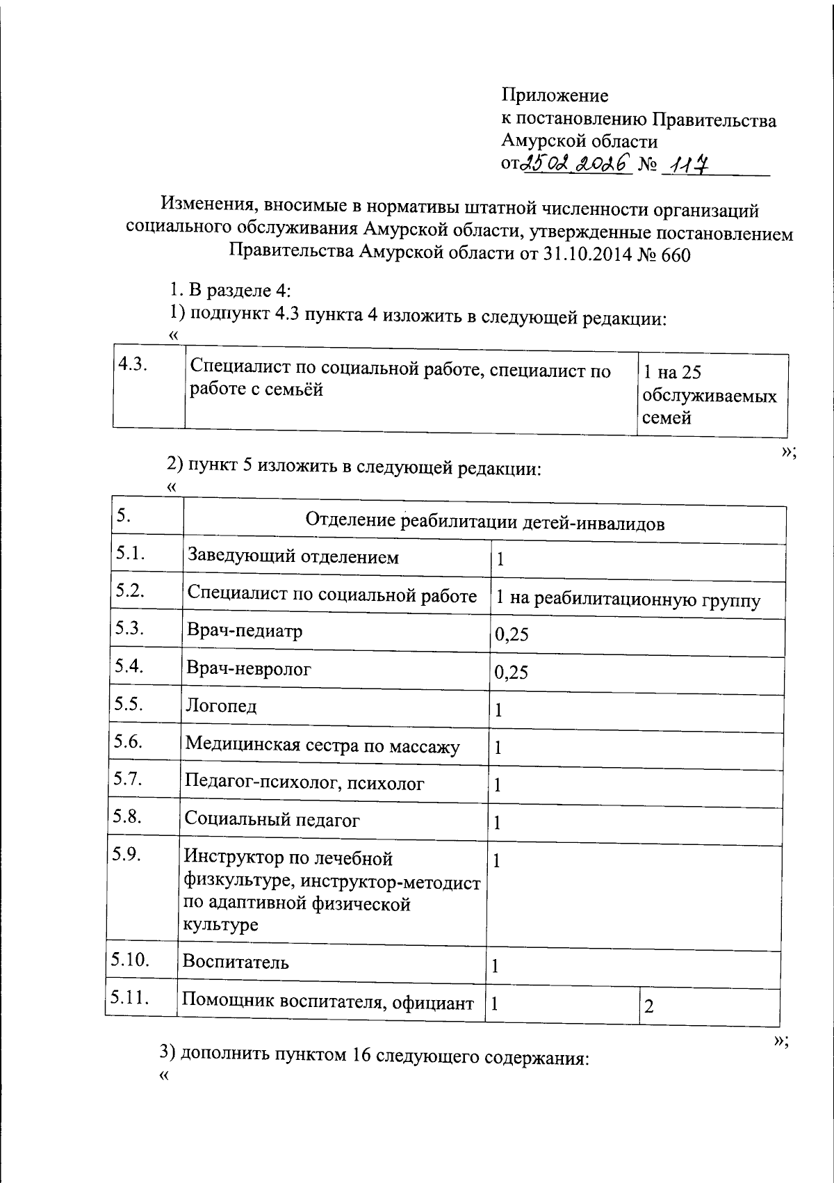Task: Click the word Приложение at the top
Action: (555, 95)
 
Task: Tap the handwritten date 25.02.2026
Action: (576, 163)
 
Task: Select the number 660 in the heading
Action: (676, 255)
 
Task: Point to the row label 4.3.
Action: (132, 364)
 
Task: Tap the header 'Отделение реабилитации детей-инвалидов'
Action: (484, 522)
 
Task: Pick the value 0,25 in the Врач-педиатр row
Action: (511, 634)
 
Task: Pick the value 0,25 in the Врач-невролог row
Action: (511, 672)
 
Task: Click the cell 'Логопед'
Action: (221, 707)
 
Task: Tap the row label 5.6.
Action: (129, 741)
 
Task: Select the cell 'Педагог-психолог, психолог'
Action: (304, 784)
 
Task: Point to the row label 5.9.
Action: (128, 855)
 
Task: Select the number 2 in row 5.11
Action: (649, 1006)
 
